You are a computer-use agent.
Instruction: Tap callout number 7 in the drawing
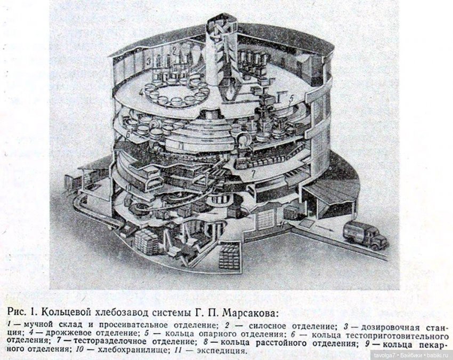click(253, 174)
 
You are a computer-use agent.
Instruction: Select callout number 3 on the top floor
click(149, 61)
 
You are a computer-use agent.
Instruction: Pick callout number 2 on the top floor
click(174, 51)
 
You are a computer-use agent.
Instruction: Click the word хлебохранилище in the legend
click(132, 350)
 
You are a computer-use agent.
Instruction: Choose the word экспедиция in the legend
click(222, 351)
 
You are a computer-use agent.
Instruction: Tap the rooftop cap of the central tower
click(222, 20)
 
